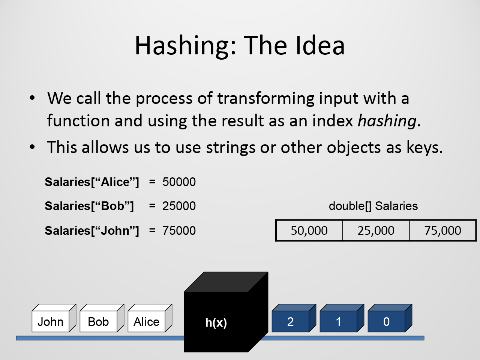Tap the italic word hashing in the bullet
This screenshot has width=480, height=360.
[x=387, y=121]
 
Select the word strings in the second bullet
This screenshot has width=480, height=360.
[x=231, y=148]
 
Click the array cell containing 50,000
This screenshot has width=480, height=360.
[x=309, y=230]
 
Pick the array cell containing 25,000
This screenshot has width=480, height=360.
[x=376, y=230]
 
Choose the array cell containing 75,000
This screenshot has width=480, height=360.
[x=443, y=230]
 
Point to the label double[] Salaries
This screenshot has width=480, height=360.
[x=373, y=206]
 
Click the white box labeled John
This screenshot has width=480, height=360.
[x=54, y=318]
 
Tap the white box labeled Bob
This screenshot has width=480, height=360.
[x=102, y=318]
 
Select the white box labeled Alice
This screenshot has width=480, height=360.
[x=150, y=318]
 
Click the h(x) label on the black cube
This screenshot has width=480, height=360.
[x=216, y=322]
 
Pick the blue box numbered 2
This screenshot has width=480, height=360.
[x=294, y=318]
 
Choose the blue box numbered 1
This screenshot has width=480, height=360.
[x=342, y=318]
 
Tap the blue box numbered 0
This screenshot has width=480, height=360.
[x=390, y=318]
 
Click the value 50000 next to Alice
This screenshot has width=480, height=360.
[x=179, y=182]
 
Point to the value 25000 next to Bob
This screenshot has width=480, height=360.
[x=179, y=206]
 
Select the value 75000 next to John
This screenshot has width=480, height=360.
[x=179, y=231]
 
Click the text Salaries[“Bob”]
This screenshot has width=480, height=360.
[x=89, y=206]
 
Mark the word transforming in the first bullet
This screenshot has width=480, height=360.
[x=266, y=98]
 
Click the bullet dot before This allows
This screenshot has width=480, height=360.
[x=32, y=147]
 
